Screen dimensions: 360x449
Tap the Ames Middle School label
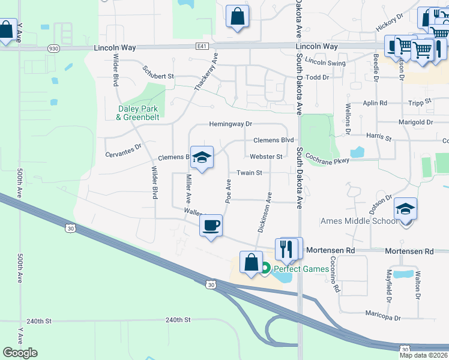359,221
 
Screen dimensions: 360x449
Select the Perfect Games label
301,269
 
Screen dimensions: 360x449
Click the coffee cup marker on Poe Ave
210,226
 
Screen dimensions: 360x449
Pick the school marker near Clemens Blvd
202,158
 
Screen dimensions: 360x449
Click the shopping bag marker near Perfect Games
251,262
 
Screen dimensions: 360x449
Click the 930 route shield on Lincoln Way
54,47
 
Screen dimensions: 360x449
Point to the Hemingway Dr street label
231,124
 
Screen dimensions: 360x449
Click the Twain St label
249,173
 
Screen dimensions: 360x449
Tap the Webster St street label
266,157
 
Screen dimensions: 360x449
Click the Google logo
20,353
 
